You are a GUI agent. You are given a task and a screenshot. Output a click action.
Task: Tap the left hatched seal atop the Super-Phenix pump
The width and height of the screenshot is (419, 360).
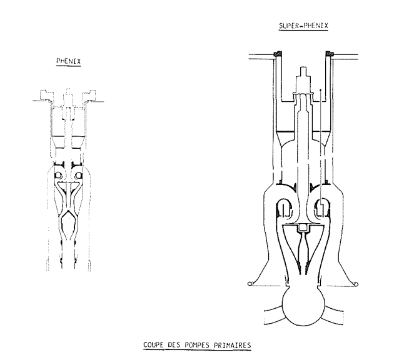click(x=277, y=54)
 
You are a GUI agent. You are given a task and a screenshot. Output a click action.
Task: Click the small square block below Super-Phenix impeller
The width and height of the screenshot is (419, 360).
click(x=303, y=226)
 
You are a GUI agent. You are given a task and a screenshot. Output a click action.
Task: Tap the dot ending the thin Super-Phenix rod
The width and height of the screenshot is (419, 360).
click(x=320, y=90)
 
